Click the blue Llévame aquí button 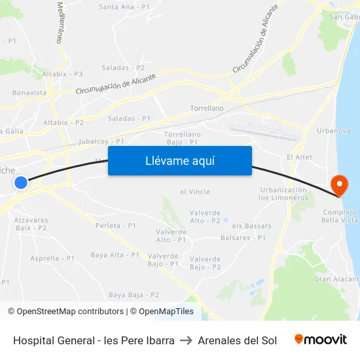pyautogui.click(x=180, y=160)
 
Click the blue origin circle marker pyautogui.click(x=21, y=183)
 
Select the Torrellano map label pyautogui.click(x=206, y=108)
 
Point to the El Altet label pyautogui.click(x=299, y=157)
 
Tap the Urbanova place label pyautogui.click(x=333, y=131)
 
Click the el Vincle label pyautogui.click(x=194, y=192)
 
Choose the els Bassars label pyautogui.click(x=252, y=226)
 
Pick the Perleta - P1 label pyautogui.click(x=115, y=225)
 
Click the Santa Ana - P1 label pyautogui.click(x=124, y=7)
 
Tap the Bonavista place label pyautogui.click(x=29, y=93)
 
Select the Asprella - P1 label pyautogui.click(x=52, y=259)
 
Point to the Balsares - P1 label pyautogui.click(x=243, y=238)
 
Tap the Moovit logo pyautogui.click(x=321, y=340)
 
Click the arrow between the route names pyautogui.click(x=186, y=340)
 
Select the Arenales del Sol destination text pyautogui.click(x=237, y=340)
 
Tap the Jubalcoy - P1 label pyautogui.click(x=101, y=141)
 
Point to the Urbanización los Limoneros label pyautogui.click(x=283, y=194)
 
